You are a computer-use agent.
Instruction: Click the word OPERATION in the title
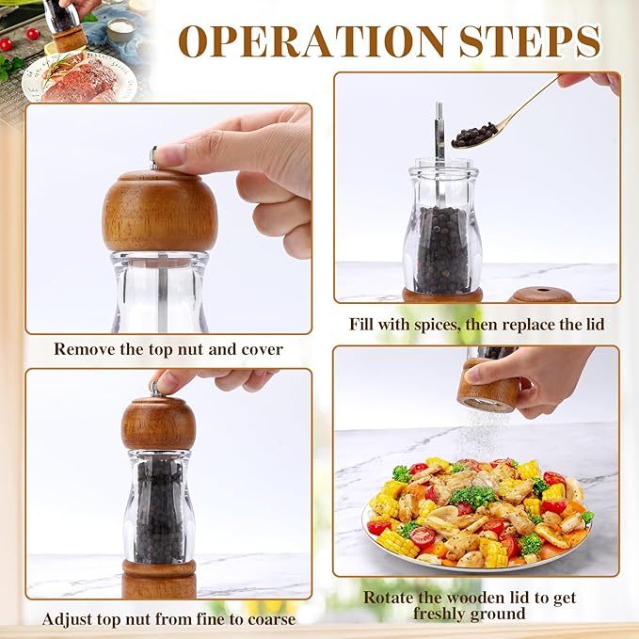point(312,41)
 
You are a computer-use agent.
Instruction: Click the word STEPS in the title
point(530,41)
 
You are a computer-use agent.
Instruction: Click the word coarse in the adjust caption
point(271,619)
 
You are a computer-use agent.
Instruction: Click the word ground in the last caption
point(497,615)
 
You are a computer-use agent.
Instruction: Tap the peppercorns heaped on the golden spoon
point(474,135)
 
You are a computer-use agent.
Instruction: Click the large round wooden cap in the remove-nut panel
point(160,211)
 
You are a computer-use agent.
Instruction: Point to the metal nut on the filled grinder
point(156,388)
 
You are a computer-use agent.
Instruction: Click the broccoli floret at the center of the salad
point(473,496)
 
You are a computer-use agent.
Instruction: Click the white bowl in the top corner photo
point(120,29)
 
